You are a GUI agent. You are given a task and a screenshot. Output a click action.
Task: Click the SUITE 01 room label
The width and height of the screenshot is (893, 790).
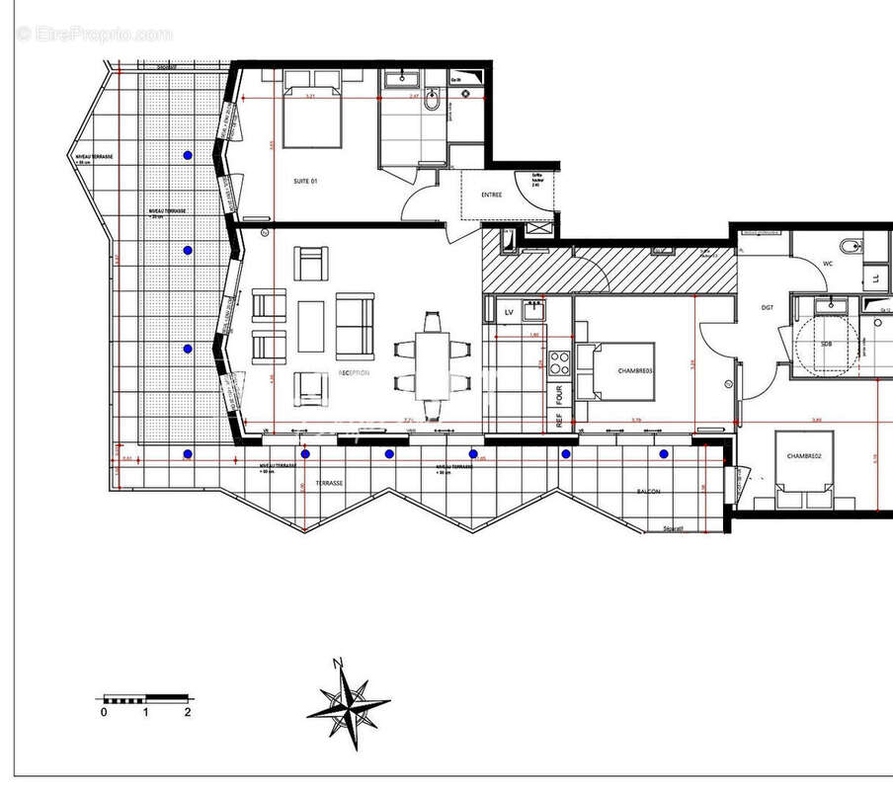[x=306, y=181]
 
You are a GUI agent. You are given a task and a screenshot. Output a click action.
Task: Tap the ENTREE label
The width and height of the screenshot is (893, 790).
[x=491, y=195]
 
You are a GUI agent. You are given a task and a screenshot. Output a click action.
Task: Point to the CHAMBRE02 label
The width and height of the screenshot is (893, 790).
[x=804, y=456]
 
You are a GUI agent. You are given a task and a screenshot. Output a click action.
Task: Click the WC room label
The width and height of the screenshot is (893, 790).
[x=828, y=264]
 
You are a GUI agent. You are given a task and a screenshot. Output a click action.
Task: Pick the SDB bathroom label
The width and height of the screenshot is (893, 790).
[x=826, y=344]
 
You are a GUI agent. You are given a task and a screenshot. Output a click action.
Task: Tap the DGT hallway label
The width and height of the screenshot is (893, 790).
[x=767, y=307]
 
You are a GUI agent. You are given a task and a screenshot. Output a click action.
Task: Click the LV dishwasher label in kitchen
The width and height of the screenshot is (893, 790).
[x=510, y=313]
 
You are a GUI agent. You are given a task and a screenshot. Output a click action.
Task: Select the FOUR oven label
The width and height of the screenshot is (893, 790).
[x=559, y=395]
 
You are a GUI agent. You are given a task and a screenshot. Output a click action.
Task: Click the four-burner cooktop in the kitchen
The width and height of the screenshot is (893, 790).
[x=560, y=362]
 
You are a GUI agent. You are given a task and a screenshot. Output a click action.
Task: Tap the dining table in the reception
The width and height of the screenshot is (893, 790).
[x=432, y=364]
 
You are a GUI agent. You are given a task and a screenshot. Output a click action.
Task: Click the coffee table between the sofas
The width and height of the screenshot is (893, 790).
[x=311, y=326]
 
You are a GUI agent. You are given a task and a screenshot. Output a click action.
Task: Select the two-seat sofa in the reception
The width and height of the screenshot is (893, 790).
[x=355, y=326]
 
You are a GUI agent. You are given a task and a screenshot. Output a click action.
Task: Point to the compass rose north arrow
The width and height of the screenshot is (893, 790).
[x=347, y=703]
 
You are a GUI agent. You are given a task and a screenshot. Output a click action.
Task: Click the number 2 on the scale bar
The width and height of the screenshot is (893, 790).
[x=187, y=711]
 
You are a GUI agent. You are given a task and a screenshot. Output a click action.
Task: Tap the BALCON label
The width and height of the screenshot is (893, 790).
[x=648, y=491]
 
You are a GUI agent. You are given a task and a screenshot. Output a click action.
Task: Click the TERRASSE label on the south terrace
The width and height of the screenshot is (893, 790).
[x=330, y=484]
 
